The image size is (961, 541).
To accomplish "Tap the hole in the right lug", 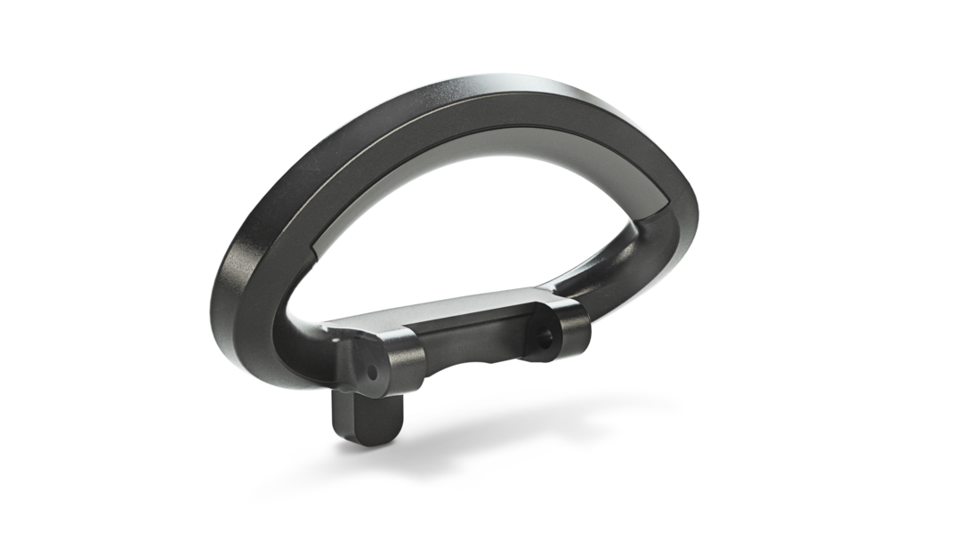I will [546, 337].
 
